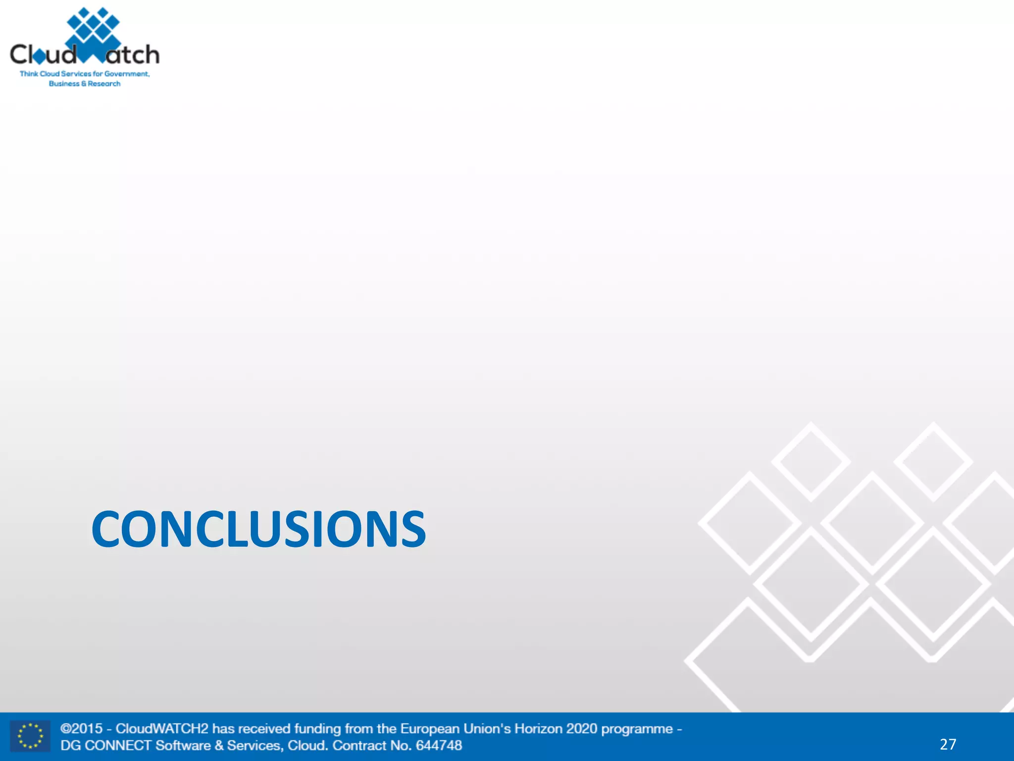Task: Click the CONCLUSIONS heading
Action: pyautogui.click(x=258, y=529)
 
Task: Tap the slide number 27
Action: pyautogui.click(x=948, y=744)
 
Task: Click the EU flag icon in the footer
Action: pyautogui.click(x=30, y=736)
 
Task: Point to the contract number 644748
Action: pyautogui.click(x=439, y=746)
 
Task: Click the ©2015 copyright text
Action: pyautogui.click(x=82, y=729)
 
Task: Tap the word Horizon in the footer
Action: pyautogui.click(x=538, y=729)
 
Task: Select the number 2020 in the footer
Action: pyautogui.click(x=582, y=729)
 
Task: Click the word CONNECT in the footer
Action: pyautogui.click(x=118, y=746)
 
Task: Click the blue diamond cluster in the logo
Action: pyautogui.click(x=93, y=27)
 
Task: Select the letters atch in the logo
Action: pyautogui.click(x=133, y=54)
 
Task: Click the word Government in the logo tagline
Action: pyautogui.click(x=126, y=74)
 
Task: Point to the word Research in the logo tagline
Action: pyautogui.click(x=104, y=84)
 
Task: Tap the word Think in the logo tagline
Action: pyautogui.click(x=29, y=74)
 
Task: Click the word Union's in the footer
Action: pyautogui.click(x=487, y=729)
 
